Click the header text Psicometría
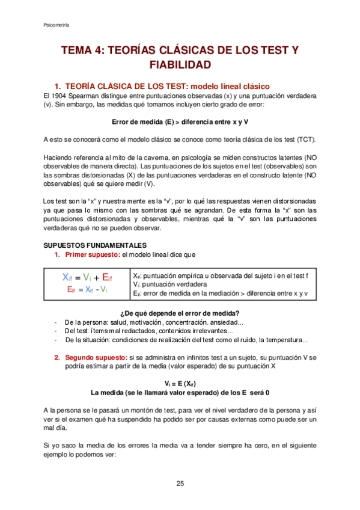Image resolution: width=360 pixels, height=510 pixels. (x=57, y=25)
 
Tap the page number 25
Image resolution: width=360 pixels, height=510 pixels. (x=180, y=484)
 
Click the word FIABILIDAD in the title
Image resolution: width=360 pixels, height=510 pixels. (x=180, y=64)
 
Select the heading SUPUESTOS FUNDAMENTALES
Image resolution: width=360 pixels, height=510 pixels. (x=87, y=245)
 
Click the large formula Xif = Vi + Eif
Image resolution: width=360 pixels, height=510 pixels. (x=87, y=277)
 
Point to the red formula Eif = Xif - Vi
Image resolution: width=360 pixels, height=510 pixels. (x=87, y=289)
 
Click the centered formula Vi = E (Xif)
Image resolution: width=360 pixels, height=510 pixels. (x=180, y=383)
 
